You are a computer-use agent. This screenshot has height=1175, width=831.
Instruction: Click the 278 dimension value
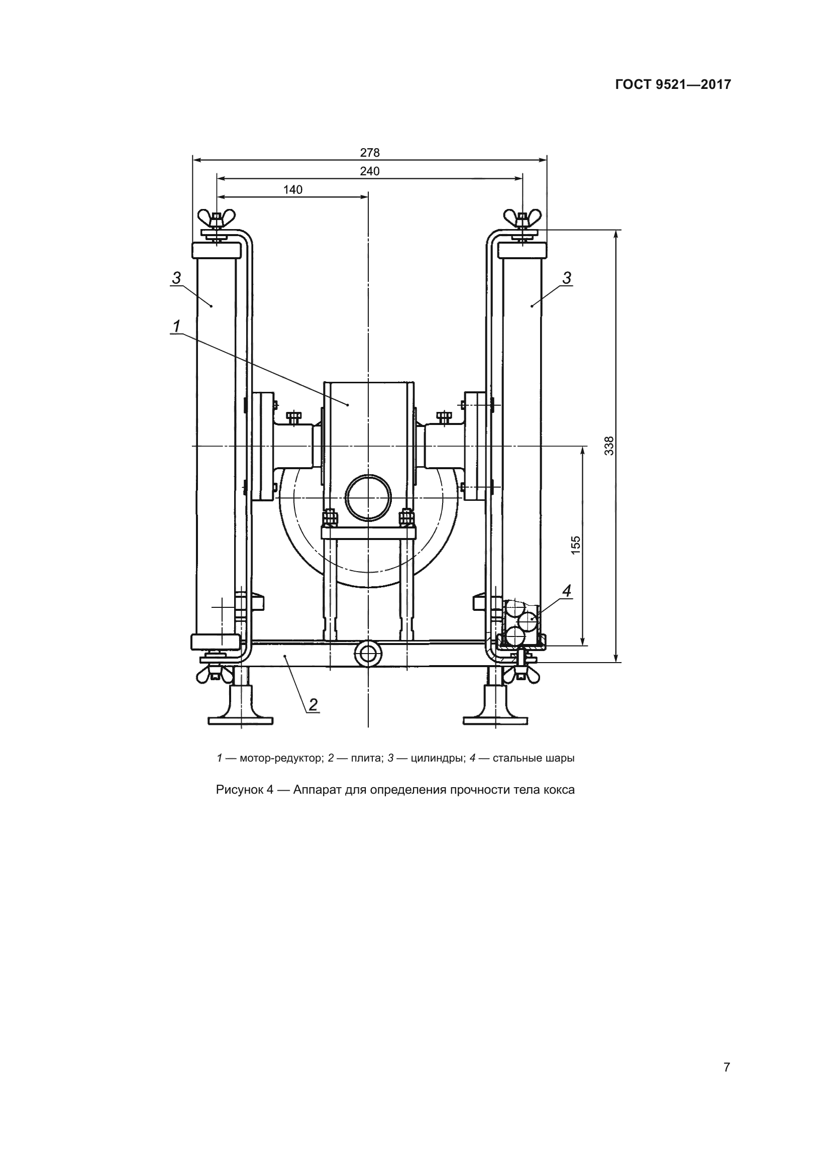tap(369, 153)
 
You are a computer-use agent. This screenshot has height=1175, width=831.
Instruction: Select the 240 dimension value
tap(369, 171)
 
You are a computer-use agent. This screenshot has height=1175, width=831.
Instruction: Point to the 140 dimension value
tap(293, 190)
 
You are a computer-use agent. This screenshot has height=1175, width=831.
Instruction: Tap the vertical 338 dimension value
tap(609, 445)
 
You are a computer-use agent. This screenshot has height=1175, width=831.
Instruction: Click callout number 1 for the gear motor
tap(176, 326)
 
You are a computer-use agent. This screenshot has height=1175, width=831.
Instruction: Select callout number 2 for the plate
tap(313, 705)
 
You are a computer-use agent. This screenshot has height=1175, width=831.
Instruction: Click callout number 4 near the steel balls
tap(566, 591)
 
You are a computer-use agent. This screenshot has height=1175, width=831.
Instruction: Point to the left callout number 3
tap(176, 278)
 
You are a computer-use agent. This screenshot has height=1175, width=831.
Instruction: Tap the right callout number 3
tap(566, 278)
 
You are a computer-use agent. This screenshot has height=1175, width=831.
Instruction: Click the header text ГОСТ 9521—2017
tap(673, 84)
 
